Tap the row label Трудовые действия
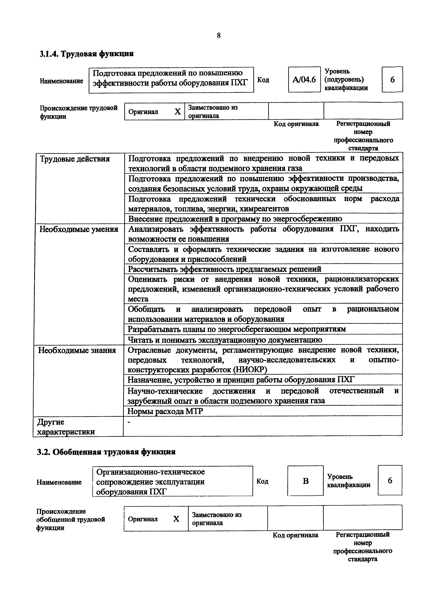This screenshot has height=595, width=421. (75, 159)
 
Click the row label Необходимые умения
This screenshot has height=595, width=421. (79, 229)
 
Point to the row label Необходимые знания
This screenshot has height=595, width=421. (77, 350)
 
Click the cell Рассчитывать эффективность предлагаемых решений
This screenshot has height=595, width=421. (225, 269)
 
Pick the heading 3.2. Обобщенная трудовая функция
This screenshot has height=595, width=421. (106, 452)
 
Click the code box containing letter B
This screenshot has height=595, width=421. (306, 481)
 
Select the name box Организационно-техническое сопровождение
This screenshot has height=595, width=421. (173, 481)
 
